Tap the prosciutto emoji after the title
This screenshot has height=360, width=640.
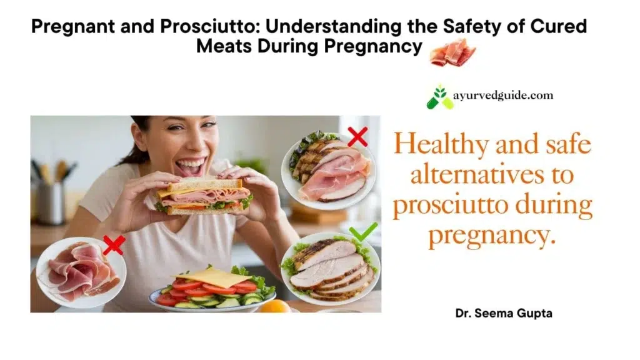point(452,52)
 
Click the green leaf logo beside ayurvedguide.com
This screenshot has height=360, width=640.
point(439,97)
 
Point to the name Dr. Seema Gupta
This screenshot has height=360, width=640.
point(503,313)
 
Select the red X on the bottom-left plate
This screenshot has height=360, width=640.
point(114,245)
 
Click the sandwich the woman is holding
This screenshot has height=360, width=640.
point(203,196)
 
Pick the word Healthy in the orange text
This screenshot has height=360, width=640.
point(441,146)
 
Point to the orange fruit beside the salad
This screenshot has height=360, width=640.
point(276,306)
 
